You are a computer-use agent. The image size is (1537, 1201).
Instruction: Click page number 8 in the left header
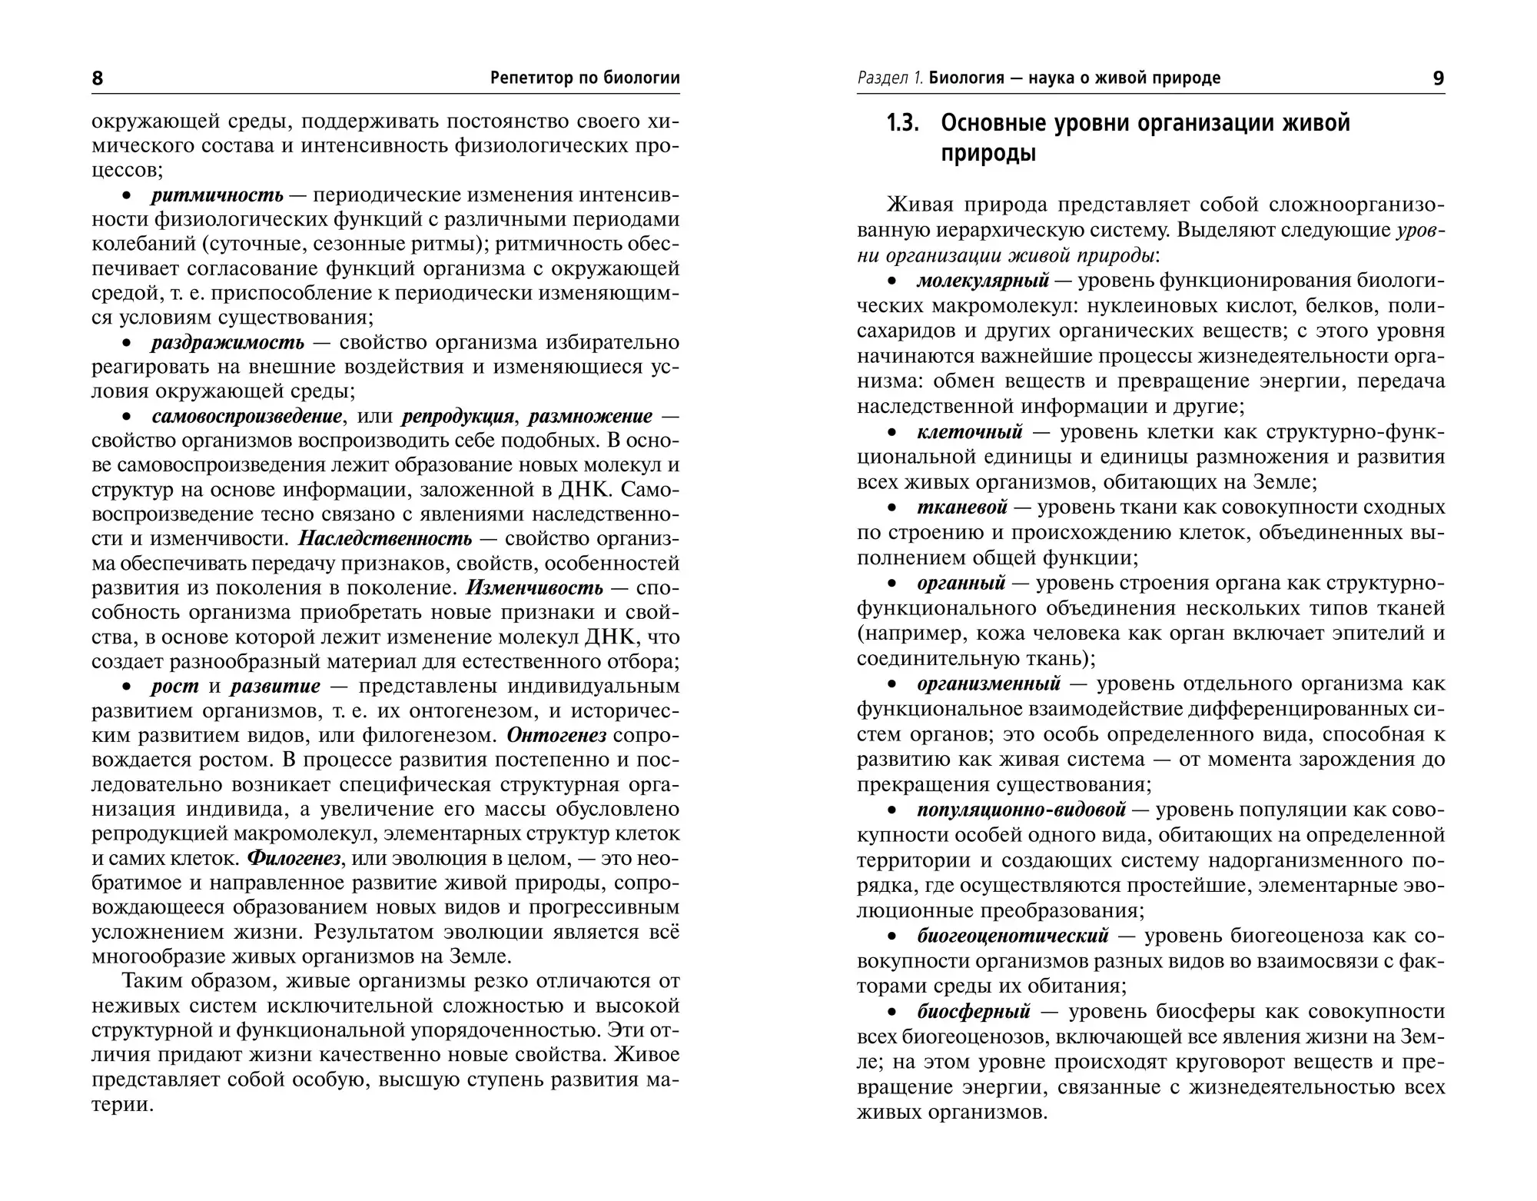point(98,78)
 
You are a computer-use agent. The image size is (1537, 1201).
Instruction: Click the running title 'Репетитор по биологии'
point(585,78)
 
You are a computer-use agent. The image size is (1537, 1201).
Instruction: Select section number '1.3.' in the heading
point(903,124)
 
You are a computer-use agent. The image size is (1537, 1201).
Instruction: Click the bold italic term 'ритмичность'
point(217,195)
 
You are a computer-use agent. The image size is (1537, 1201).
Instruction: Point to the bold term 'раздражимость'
point(227,342)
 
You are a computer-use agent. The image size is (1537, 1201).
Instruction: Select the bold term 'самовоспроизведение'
point(247,416)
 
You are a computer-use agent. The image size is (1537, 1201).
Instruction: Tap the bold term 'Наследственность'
point(385,538)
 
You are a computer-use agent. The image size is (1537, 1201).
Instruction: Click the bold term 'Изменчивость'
point(535,587)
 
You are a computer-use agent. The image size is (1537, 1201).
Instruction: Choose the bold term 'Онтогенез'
point(557,735)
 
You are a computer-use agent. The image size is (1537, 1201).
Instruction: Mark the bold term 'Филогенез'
point(294,858)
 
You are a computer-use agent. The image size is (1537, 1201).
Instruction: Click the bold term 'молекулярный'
point(983,281)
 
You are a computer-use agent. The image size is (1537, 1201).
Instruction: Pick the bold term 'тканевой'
point(962,507)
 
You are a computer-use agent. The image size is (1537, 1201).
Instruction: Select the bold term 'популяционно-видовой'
point(1021,810)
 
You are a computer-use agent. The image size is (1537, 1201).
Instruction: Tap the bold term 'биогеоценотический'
point(1013,936)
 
